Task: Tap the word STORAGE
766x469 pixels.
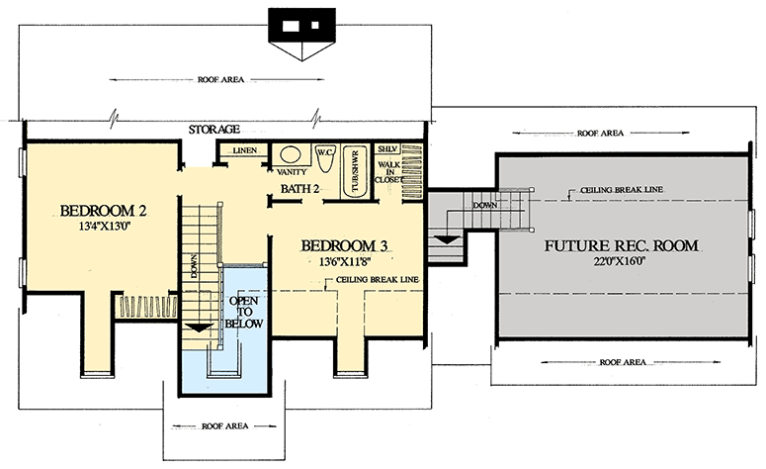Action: point(214,130)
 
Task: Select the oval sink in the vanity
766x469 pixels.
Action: point(291,154)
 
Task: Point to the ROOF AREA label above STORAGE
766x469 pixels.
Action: point(223,78)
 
